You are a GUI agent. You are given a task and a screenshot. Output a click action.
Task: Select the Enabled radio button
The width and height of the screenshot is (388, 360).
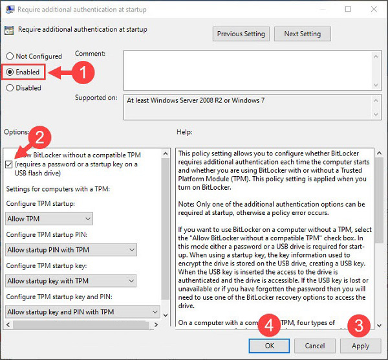10,72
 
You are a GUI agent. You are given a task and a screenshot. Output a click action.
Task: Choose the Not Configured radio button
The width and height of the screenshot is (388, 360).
10,56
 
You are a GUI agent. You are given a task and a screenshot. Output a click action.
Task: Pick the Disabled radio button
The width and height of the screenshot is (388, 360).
10,87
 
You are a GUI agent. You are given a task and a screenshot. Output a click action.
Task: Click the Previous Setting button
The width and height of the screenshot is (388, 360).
241,34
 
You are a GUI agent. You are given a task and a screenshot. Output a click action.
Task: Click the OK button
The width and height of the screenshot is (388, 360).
269,346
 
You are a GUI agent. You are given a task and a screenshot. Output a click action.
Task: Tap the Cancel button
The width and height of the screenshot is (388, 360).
315,346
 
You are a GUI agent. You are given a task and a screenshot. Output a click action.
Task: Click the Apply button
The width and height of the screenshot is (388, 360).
360,346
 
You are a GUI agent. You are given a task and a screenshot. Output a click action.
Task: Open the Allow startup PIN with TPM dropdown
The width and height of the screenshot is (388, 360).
71,250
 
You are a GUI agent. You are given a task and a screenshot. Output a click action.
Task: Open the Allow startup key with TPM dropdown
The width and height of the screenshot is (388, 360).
71,280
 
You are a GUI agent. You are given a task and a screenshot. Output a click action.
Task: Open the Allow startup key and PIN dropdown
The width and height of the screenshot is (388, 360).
82,311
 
